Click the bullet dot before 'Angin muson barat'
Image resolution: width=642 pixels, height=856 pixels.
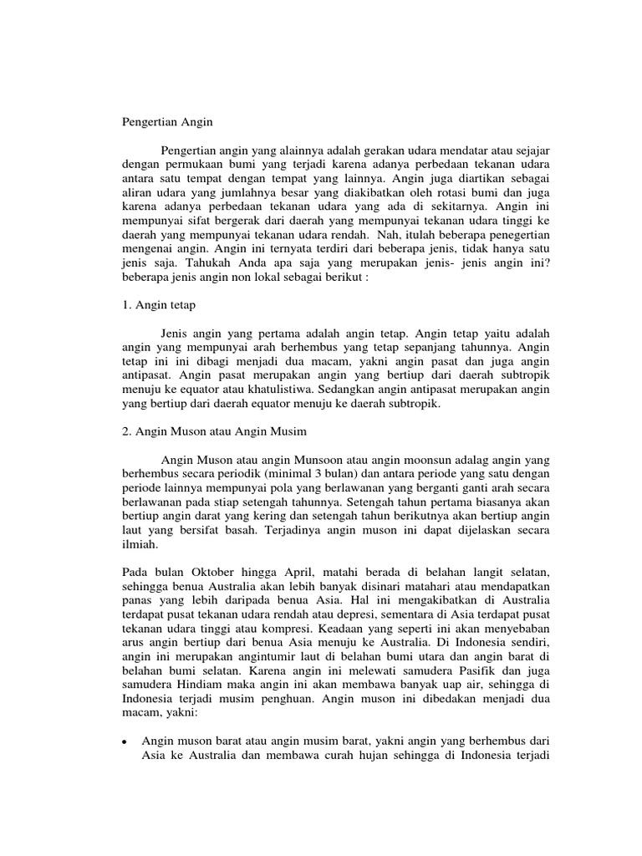(124, 741)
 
